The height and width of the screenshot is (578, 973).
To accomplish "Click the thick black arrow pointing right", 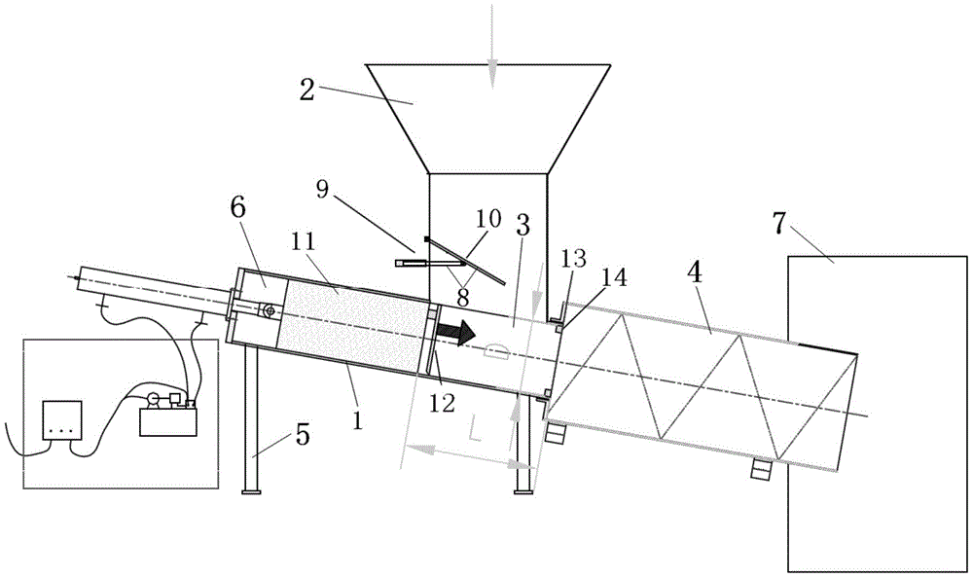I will pyautogui.click(x=456, y=331).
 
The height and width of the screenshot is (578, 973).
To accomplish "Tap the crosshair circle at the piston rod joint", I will pyautogui.click(x=269, y=310).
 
